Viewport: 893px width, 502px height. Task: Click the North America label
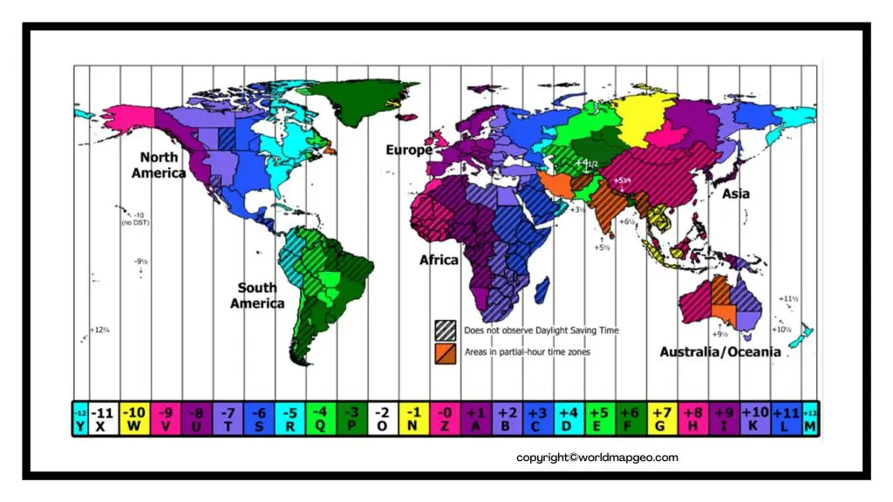coord(159,165)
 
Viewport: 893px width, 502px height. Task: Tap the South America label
coord(257,295)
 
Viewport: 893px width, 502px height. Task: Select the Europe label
coord(409,150)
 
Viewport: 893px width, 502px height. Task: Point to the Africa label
coord(439,260)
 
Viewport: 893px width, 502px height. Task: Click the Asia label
coord(735,193)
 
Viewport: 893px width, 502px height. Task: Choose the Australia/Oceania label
coord(719,352)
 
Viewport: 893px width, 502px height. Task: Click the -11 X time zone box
coord(104,418)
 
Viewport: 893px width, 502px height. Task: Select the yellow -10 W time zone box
coord(134,418)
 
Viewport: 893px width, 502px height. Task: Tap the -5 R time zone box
coord(290,418)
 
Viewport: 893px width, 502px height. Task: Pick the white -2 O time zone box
coord(382,418)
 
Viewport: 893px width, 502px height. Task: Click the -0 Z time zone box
coord(445,418)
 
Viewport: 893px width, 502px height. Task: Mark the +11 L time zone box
coord(786,418)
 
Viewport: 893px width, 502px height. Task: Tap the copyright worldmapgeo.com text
coord(596,458)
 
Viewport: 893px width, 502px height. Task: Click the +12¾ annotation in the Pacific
coord(99,330)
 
